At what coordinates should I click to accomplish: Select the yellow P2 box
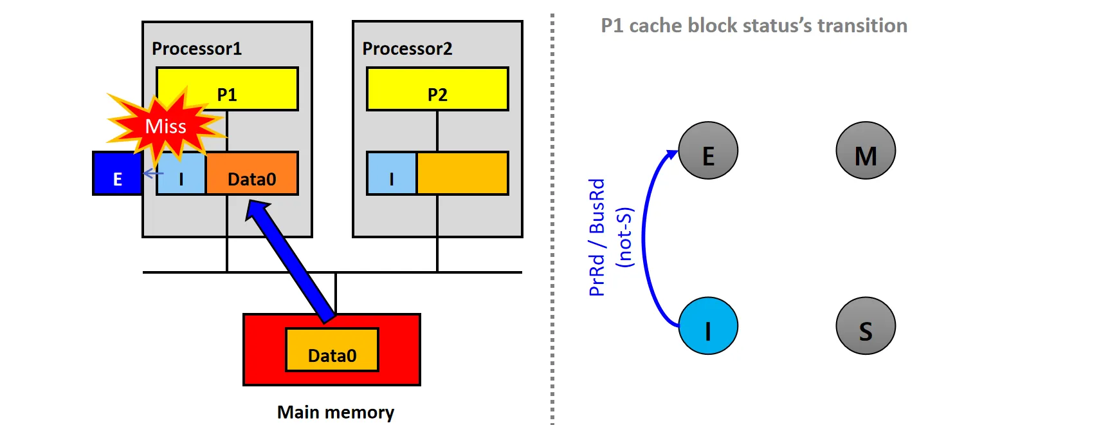coord(437,89)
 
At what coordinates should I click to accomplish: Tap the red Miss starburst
coord(165,126)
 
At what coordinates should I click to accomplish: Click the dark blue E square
coord(117,173)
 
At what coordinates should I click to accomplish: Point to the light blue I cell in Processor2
coord(392,174)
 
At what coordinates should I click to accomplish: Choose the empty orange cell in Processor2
coord(462,173)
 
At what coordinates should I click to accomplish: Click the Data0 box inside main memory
coord(332,350)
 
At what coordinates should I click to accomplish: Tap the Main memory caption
coord(335,412)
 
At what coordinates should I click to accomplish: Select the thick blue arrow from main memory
coord(293,261)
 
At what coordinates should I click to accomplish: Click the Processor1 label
coord(197,49)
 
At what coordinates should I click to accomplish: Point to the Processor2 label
coord(407,49)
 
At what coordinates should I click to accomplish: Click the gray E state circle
coord(708,151)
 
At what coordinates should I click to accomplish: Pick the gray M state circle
coord(866,151)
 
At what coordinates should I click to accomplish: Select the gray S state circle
coord(866,326)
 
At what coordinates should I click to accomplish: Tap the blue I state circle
coord(708,326)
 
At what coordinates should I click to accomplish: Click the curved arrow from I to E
coord(645,238)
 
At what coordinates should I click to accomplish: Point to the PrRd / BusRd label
coord(597,237)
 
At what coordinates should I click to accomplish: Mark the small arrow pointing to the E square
coord(152,173)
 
